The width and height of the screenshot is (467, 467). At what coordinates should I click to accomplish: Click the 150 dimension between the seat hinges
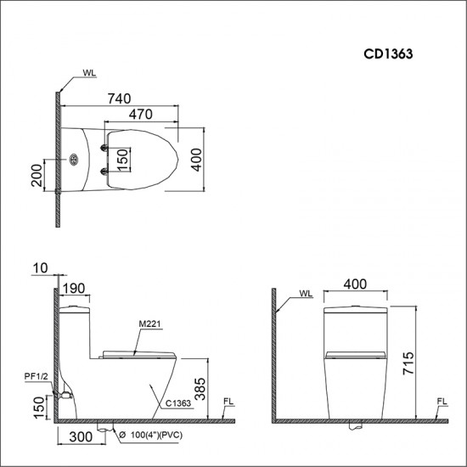pyautogui.click(x=122, y=159)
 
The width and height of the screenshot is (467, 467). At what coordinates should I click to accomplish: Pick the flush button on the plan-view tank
pyautogui.click(x=74, y=159)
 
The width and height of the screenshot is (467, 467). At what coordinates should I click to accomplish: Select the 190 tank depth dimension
pyautogui.click(x=73, y=287)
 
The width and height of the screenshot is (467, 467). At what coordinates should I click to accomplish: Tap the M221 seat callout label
pyautogui.click(x=147, y=323)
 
